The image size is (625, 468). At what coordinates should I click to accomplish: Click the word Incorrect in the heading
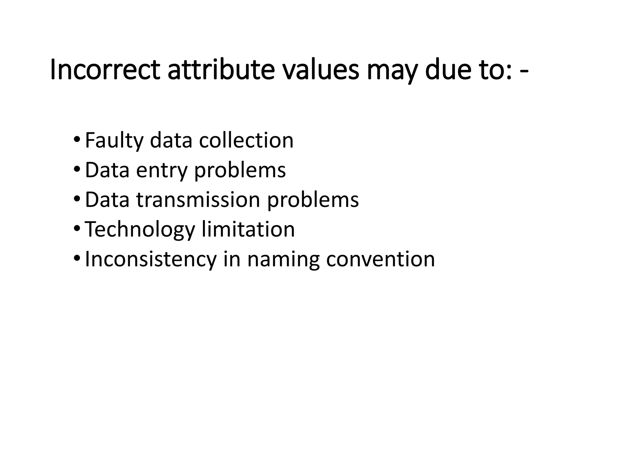[x=105, y=70]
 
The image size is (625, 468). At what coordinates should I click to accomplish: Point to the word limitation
[x=248, y=229]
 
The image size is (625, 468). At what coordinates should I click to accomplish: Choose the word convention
[x=380, y=259]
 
